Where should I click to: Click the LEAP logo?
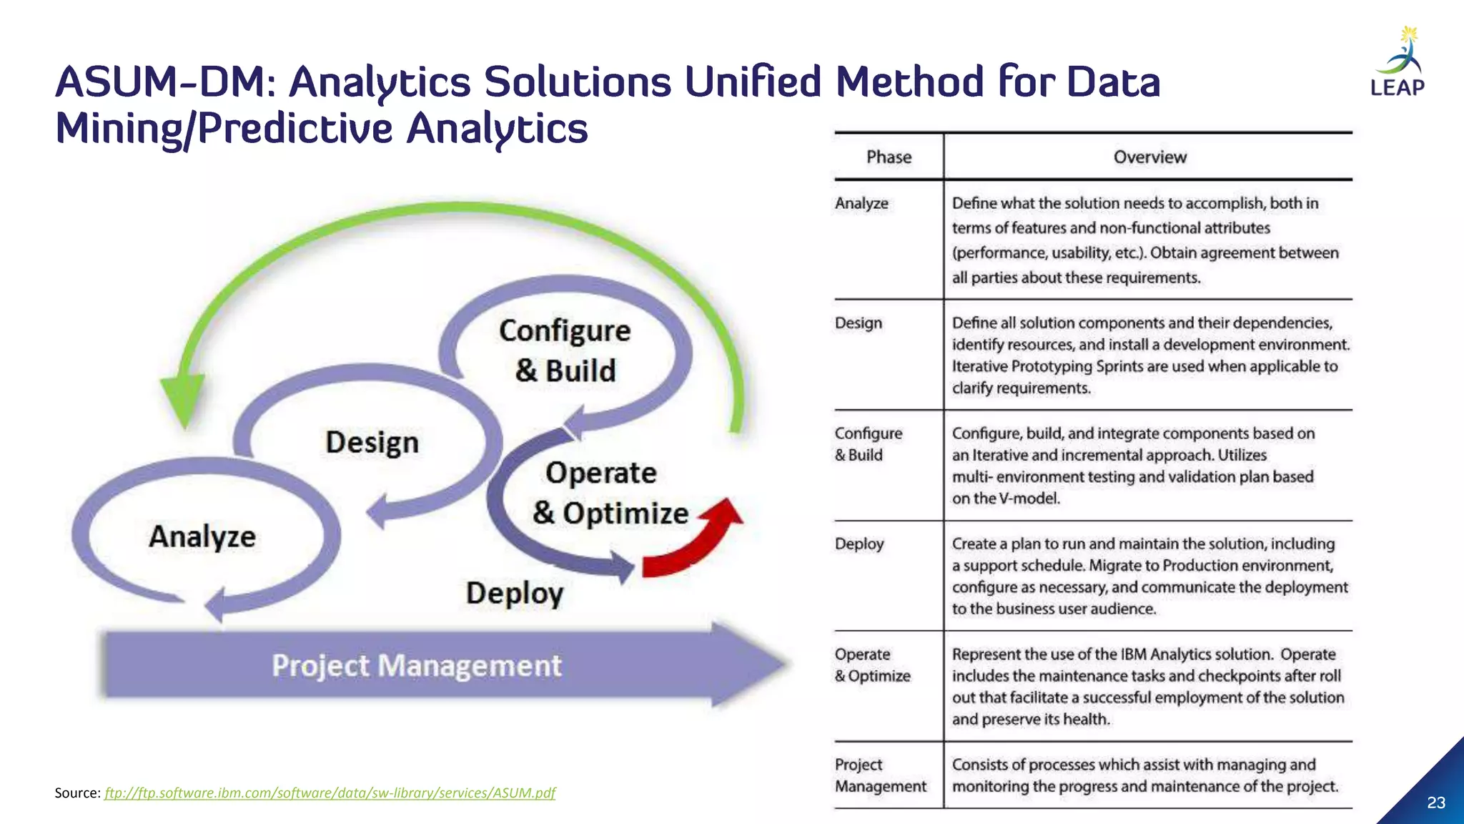(1398, 63)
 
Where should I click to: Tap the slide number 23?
(1436, 803)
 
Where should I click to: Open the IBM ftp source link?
(330, 793)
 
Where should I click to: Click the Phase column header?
(889, 157)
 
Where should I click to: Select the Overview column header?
(1149, 157)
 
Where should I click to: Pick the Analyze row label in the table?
(861, 203)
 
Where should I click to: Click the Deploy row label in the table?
(859, 544)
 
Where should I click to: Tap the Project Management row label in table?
(880, 775)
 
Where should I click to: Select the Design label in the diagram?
(372, 442)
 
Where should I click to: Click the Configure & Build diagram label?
(565, 350)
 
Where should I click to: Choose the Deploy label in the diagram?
(515, 593)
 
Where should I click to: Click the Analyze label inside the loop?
(202, 536)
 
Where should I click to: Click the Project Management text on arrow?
(417, 666)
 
